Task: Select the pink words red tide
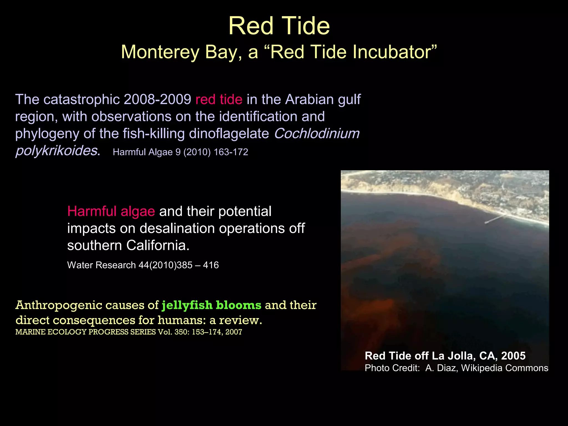point(219,99)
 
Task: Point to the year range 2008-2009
point(157,99)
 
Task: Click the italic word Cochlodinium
point(316,133)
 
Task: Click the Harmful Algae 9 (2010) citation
point(180,152)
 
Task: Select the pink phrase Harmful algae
point(111,211)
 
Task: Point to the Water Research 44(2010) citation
point(143,265)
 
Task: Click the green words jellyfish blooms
point(211,305)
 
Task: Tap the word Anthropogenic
point(59,305)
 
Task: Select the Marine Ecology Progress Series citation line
point(129,332)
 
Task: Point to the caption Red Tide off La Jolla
point(445,356)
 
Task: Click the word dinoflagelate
point(229,133)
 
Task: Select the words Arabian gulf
point(323,99)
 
